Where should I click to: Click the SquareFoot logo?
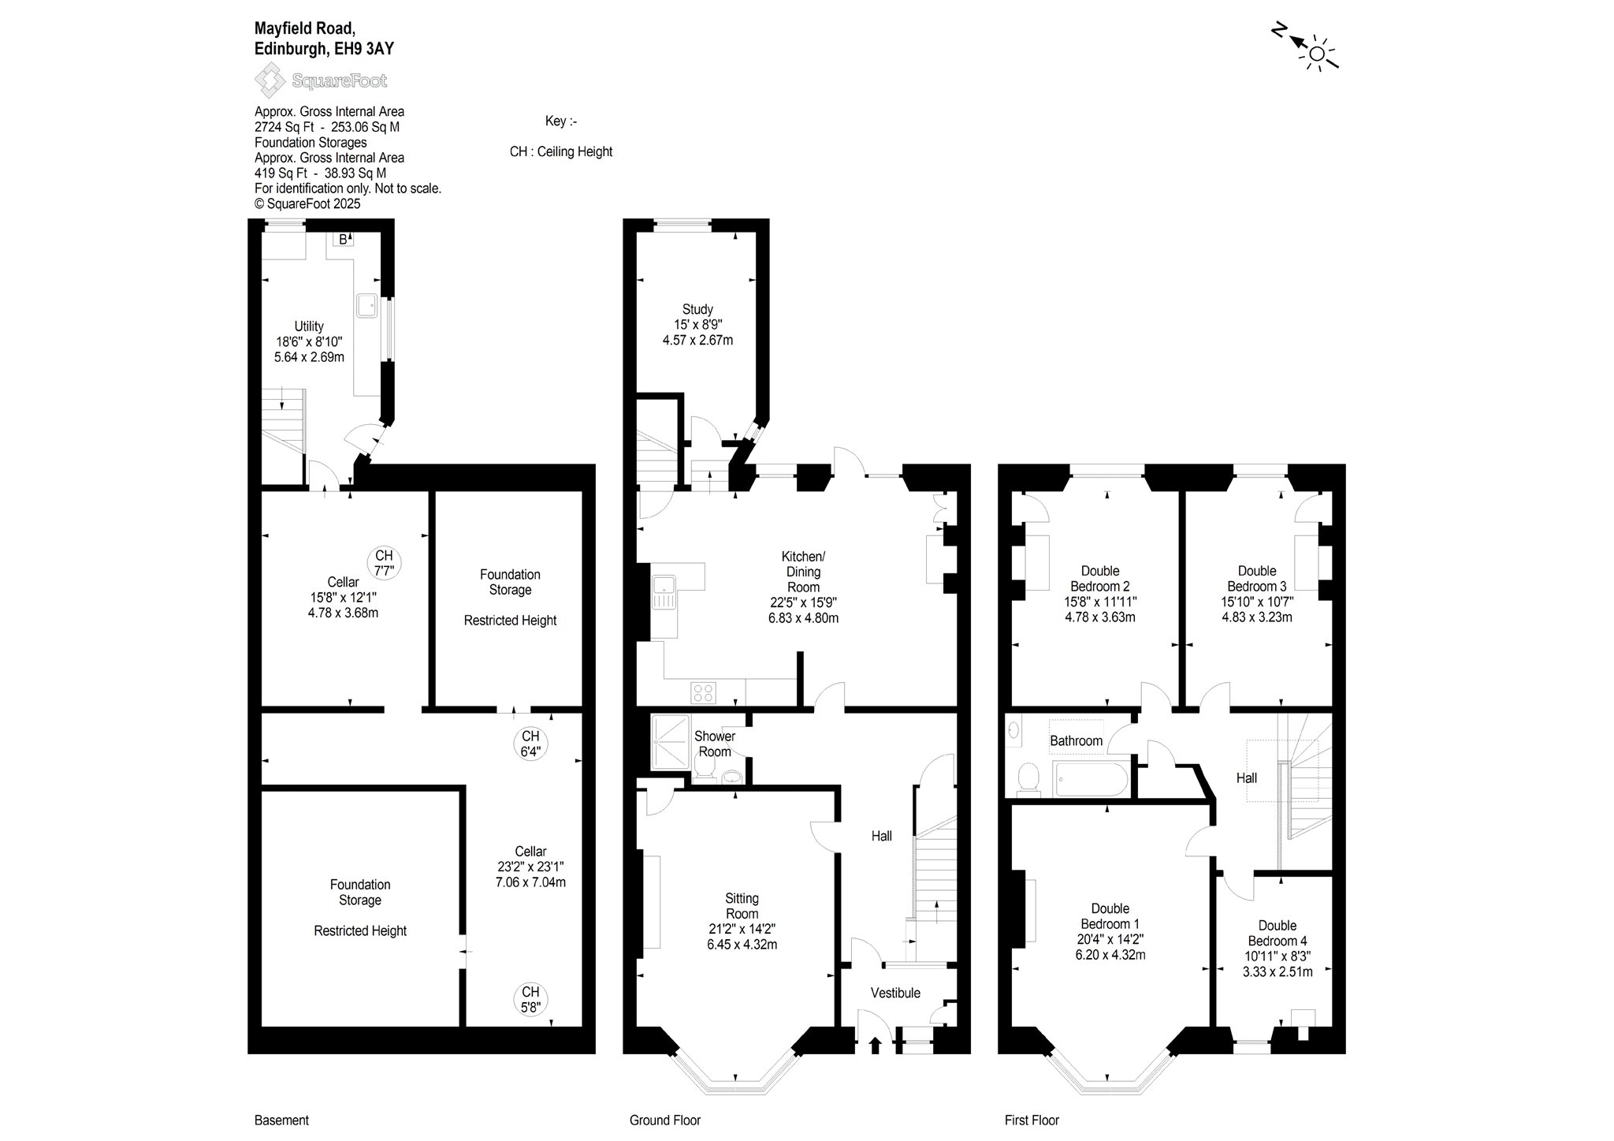pos(321,80)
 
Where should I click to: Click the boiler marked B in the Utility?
pos(344,239)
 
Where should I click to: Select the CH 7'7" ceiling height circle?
pos(384,563)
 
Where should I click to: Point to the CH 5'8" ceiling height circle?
pos(530,999)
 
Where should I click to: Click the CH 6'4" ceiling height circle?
pos(530,744)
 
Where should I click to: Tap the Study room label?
pos(697,309)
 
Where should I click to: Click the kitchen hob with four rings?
pos(703,693)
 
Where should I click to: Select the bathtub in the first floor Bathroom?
pos(1090,779)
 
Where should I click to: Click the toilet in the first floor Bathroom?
pos(1028,777)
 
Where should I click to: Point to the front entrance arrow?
pos(875,1045)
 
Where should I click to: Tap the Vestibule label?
pos(895,993)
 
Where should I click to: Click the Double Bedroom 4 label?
pos(1277,933)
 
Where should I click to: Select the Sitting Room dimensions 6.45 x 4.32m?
pos(742,944)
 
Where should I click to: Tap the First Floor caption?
pos(1032,1120)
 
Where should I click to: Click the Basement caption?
pos(281,1120)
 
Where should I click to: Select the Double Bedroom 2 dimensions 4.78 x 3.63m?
pos(1100,617)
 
